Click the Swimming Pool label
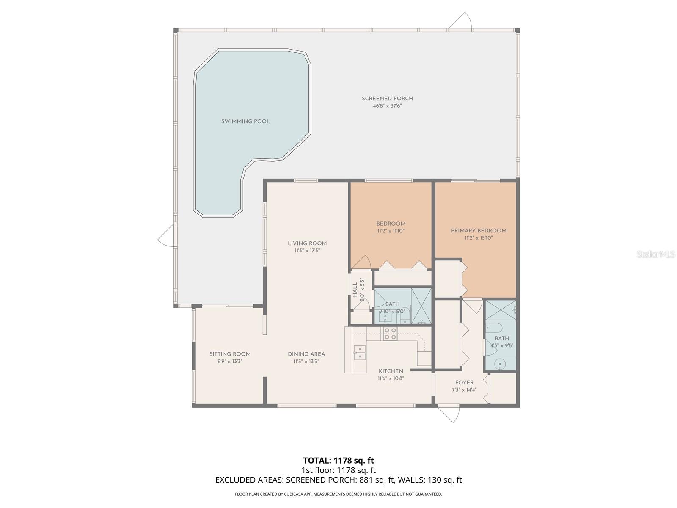pyautogui.click(x=245, y=121)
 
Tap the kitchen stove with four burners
pyautogui.click(x=390, y=334)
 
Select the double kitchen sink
pyautogui.click(x=360, y=353)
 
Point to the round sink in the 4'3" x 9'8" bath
pyautogui.click(x=501, y=364)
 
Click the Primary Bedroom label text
pyautogui.click(x=479, y=231)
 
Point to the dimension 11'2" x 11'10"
pyautogui.click(x=391, y=231)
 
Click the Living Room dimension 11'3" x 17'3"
pyautogui.click(x=307, y=251)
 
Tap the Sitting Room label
pyautogui.click(x=230, y=354)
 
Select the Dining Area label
pyautogui.click(x=306, y=354)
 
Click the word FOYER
pyautogui.click(x=464, y=382)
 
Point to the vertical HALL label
pyautogui.click(x=355, y=290)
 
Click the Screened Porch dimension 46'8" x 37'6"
pyautogui.click(x=387, y=106)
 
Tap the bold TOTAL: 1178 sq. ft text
pyautogui.click(x=338, y=460)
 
